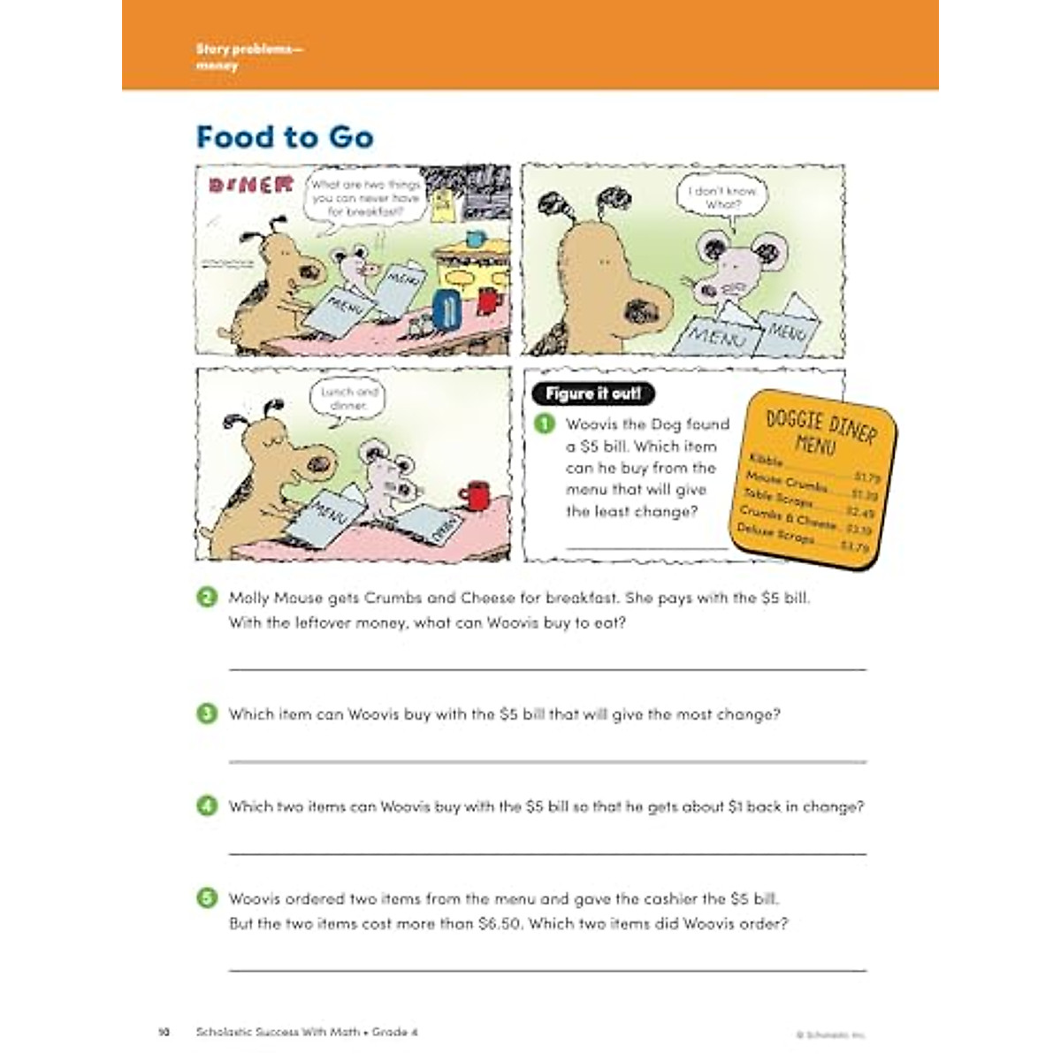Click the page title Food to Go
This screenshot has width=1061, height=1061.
pos(285,138)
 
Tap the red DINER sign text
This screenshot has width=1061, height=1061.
pos(250,184)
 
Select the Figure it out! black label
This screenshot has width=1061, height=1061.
pos(593,393)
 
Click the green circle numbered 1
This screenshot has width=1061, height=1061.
pos(546,424)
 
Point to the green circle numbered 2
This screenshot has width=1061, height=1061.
pos(207,598)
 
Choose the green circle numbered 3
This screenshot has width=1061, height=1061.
pos(207,714)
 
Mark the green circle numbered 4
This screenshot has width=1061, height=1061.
pos(207,805)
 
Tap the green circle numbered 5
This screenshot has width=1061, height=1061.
pos(207,898)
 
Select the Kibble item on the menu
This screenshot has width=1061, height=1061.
pos(767,461)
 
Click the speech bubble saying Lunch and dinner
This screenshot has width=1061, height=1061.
pos(350,398)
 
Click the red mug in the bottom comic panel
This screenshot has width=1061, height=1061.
pos(476,495)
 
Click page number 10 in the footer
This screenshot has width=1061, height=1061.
pos(164,1032)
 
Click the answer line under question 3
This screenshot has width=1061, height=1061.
pos(547,760)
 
